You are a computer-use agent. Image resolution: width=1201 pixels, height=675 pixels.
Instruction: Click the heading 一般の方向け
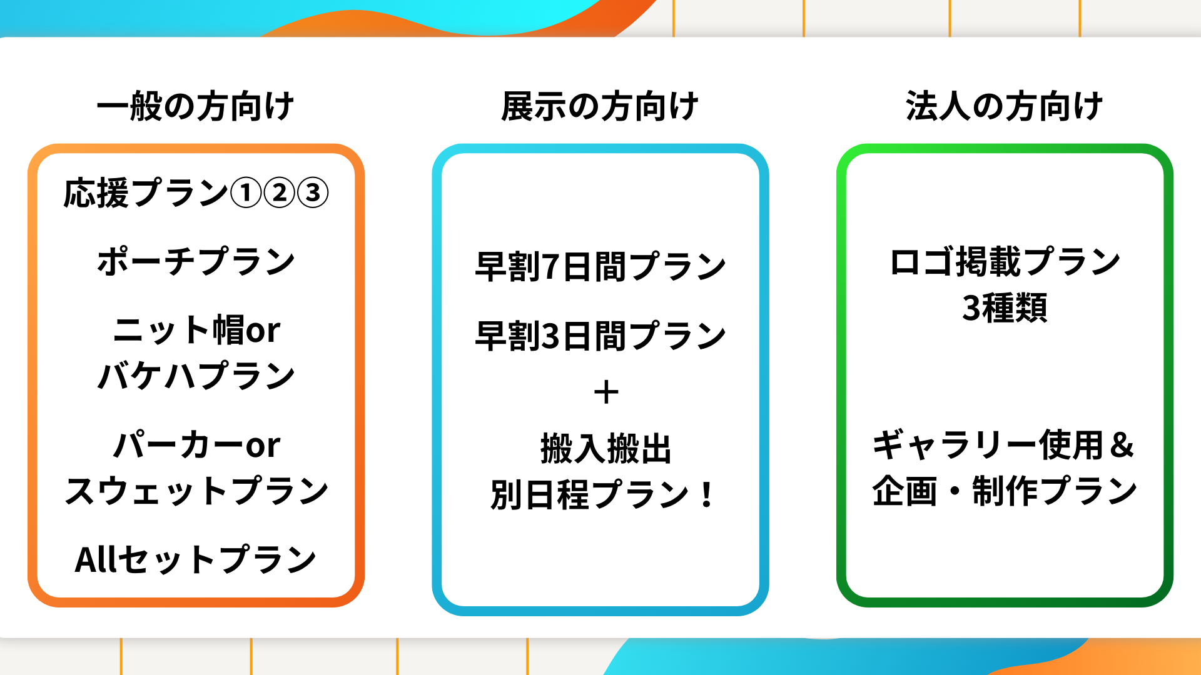point(196,106)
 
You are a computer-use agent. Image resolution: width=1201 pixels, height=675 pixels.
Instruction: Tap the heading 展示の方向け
point(600,106)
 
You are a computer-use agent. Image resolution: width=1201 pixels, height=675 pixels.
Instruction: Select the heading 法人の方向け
point(1005,106)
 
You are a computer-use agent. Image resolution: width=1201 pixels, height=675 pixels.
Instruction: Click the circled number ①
point(246,192)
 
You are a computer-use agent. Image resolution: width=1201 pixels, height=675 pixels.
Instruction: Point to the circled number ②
point(280,192)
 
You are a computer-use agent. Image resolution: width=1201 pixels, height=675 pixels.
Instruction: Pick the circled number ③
point(313,192)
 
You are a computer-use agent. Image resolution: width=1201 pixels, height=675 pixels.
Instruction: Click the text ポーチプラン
point(196,261)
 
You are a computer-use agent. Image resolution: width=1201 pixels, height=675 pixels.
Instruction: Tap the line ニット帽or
point(196,330)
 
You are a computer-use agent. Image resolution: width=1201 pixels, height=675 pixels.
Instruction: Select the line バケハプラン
point(196,376)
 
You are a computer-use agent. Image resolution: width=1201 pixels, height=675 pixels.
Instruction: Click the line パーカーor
point(196,445)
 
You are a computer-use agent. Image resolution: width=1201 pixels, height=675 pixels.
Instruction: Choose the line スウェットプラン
point(196,491)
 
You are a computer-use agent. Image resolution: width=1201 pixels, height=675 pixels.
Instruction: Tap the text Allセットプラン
point(196,559)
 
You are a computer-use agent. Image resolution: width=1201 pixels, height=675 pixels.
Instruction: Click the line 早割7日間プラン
point(600,267)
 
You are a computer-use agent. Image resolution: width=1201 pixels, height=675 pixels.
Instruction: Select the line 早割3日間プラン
point(600,336)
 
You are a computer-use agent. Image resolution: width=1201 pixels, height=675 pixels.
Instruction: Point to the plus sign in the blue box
point(606,393)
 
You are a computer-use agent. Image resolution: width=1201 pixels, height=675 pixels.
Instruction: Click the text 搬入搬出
point(606,449)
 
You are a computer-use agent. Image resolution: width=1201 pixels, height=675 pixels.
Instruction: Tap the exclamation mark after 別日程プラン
point(707,494)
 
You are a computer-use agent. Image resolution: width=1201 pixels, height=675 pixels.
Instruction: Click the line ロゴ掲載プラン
point(1005,261)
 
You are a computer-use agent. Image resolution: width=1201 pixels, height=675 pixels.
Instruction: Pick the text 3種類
point(1005,307)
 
